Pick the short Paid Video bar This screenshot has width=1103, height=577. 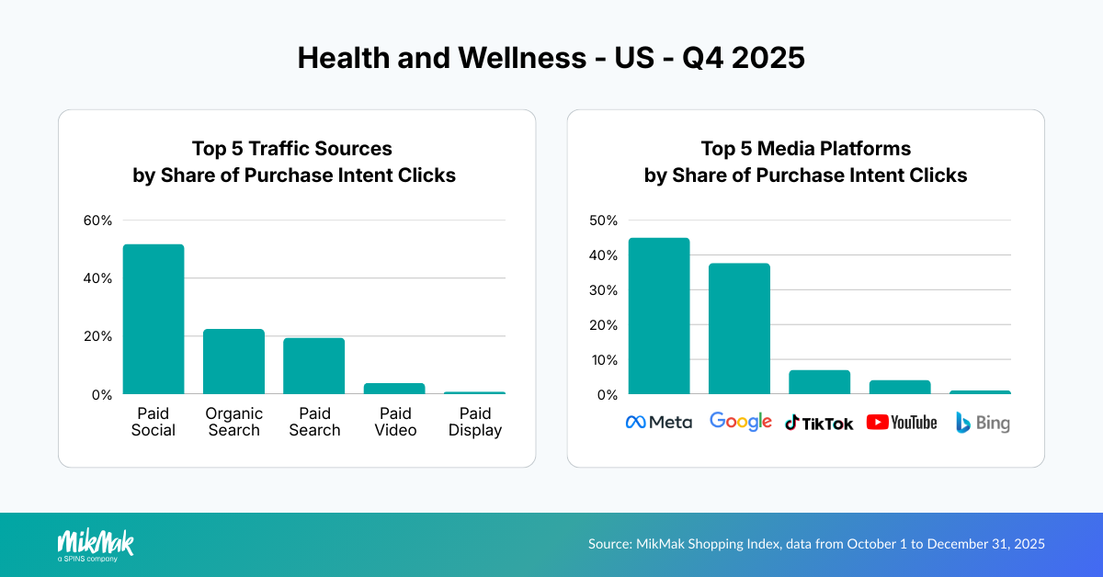(393, 389)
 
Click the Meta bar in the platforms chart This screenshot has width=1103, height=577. (659, 316)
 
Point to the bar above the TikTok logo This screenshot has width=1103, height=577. (819, 382)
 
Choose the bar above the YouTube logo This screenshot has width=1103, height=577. (899, 387)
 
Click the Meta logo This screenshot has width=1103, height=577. (659, 423)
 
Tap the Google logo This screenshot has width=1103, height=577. (740, 422)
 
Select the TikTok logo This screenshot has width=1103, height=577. (819, 423)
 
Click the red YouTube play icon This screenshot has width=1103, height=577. (878, 423)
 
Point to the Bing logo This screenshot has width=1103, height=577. (982, 423)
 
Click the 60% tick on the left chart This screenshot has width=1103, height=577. (97, 221)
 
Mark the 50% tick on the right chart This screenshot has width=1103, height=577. (603, 221)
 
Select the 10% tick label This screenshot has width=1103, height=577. (603, 360)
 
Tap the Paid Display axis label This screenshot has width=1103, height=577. (474, 422)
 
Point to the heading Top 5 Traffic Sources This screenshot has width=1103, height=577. (291, 149)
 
